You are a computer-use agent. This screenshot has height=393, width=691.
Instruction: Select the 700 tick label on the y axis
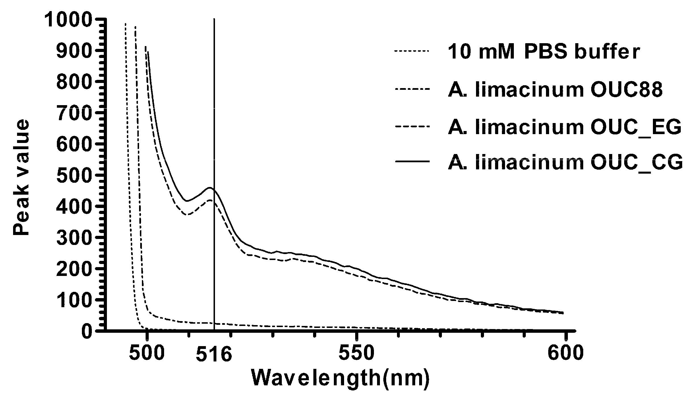(x=74, y=113)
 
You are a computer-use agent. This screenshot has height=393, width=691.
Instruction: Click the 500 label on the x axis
(x=147, y=354)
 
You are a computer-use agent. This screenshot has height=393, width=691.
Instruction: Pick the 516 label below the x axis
(x=214, y=355)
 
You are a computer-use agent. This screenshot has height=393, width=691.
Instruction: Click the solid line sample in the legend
(x=411, y=161)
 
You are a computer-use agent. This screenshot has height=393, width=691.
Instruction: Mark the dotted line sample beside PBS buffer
(x=411, y=51)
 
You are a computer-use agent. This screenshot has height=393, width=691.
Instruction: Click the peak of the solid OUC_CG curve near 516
(x=210, y=188)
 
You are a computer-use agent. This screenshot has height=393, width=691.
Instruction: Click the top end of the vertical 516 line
(x=214, y=19)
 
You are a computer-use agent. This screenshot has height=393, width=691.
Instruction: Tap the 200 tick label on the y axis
(x=74, y=269)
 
